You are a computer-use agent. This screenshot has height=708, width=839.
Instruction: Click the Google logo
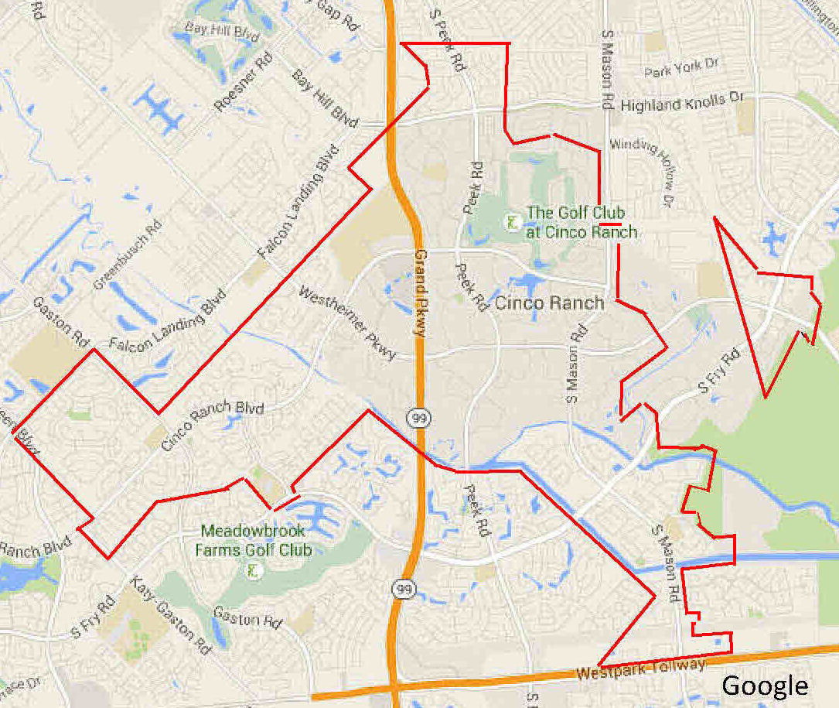point(764,686)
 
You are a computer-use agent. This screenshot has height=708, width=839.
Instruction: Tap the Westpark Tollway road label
point(641,669)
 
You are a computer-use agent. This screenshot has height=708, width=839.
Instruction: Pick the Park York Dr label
point(680,69)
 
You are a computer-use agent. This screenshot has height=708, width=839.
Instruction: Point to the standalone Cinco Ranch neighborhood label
point(549,303)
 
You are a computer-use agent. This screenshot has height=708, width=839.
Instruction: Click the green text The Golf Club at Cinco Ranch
point(582,222)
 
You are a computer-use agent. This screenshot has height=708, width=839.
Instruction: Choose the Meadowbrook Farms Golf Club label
point(256,541)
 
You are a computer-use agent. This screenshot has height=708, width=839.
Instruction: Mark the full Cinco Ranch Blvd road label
point(213,426)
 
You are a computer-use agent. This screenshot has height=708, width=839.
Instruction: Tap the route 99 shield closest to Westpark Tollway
point(402,590)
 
